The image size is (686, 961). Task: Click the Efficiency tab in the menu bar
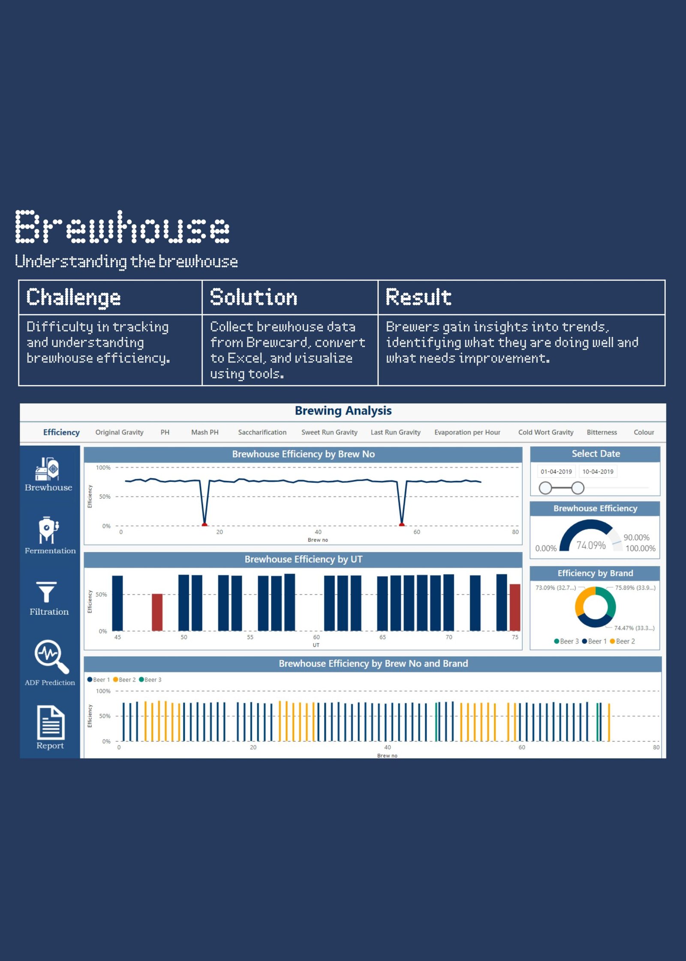(61, 432)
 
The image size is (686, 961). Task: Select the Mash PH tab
(205, 432)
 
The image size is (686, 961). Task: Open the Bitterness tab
(602, 432)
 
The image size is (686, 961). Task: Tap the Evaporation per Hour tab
(467, 432)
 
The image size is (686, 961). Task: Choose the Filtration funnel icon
(46, 592)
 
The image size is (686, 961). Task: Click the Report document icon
(51, 722)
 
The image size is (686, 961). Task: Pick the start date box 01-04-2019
(556, 472)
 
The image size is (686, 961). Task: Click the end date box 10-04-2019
(598, 472)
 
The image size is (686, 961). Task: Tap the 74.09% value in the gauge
(591, 545)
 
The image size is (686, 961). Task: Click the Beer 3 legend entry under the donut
(566, 641)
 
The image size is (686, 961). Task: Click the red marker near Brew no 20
(205, 524)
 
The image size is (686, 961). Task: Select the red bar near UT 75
(515, 607)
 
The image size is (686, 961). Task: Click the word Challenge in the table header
(73, 298)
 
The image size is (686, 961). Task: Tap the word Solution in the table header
(254, 297)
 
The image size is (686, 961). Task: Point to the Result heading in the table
(418, 297)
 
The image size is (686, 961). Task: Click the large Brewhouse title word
(123, 227)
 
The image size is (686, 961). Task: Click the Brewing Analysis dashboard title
(343, 411)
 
